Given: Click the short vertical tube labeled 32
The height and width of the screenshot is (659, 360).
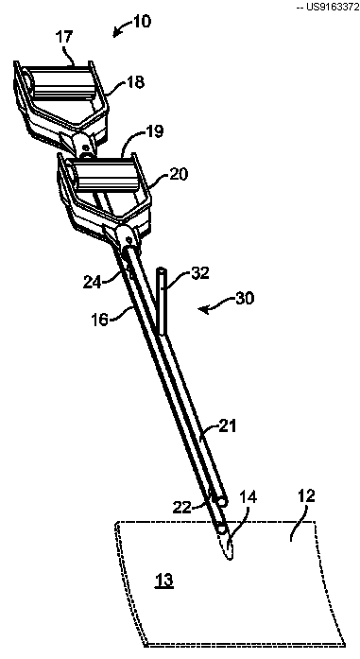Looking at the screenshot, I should coord(162,301).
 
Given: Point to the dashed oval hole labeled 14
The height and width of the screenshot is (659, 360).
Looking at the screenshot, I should coord(228,544).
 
